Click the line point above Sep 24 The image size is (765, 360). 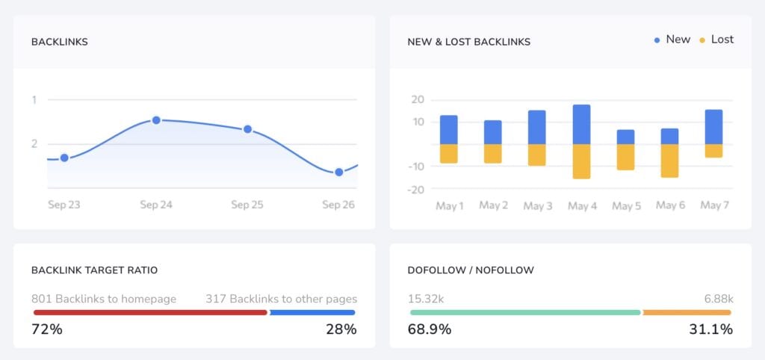[156, 120]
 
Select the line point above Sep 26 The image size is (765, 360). [338, 172]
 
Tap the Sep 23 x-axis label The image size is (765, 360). [64, 205]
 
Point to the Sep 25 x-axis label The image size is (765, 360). [247, 205]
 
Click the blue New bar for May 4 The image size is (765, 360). [581, 124]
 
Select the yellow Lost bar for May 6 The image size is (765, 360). [669, 161]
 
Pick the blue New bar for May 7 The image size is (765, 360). [713, 127]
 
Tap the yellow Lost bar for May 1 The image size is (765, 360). [449, 153]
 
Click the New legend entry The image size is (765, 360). [672, 40]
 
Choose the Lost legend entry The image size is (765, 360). [716, 40]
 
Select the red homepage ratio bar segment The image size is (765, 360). [149, 312]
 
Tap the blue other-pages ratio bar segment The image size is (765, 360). [312, 312]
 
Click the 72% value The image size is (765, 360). [47, 329]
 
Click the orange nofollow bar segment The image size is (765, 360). [687, 312]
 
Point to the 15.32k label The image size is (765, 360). [426, 299]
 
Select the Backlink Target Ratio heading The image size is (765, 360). [94, 270]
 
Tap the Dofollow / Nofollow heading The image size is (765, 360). [471, 270]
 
